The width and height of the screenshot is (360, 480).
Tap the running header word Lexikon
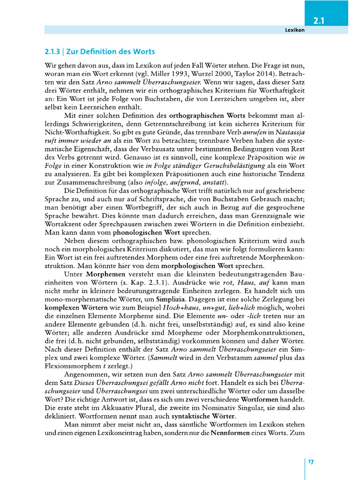[295, 30]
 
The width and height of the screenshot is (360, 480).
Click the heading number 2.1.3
[53, 52]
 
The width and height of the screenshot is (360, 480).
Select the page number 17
[311, 462]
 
